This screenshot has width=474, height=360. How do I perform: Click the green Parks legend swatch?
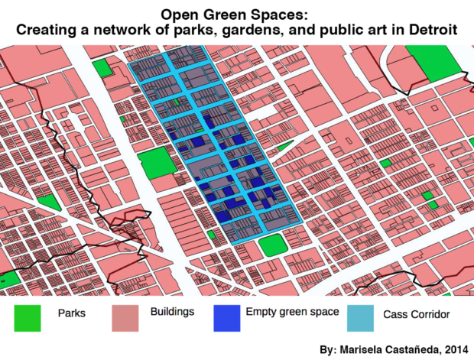pyautogui.click(x=27, y=318)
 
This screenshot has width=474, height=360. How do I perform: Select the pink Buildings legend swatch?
pyautogui.click(x=126, y=318)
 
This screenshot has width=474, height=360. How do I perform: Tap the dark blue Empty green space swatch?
pyautogui.click(x=227, y=318)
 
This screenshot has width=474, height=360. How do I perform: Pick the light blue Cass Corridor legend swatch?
pyautogui.click(x=362, y=318)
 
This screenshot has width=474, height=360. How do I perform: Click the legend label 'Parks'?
pyautogui.click(x=71, y=313)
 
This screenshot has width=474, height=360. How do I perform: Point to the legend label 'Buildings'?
pyautogui.click(x=172, y=313)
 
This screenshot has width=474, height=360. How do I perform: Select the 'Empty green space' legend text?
pyautogui.click(x=284, y=313)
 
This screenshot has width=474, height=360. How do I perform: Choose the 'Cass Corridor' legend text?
pyautogui.click(x=416, y=314)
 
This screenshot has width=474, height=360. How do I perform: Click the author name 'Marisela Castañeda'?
pyautogui.click(x=389, y=349)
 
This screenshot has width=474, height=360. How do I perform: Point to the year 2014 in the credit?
pyautogui.click(x=453, y=349)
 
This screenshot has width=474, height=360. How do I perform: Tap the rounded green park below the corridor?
pyautogui.click(x=272, y=246)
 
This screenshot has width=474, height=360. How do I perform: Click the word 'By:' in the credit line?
pyautogui.click(x=330, y=349)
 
